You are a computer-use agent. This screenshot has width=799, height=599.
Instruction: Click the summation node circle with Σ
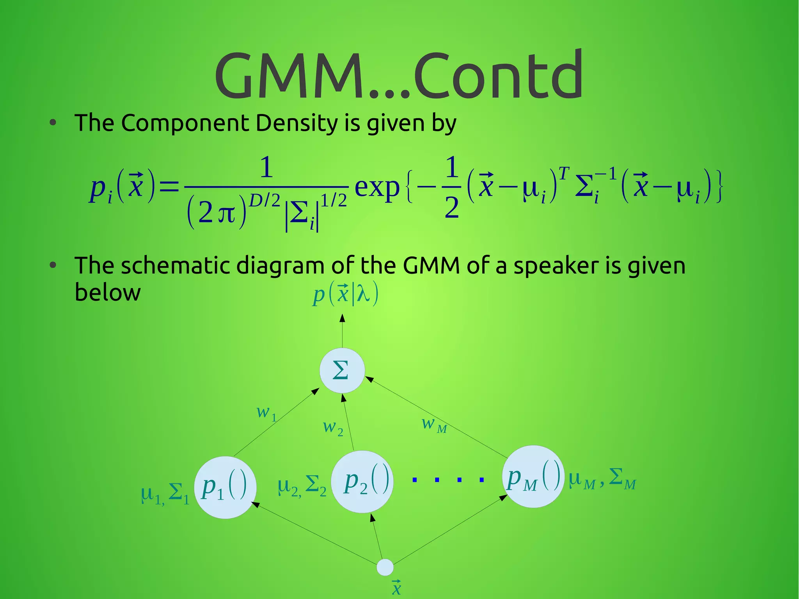pos(342,370)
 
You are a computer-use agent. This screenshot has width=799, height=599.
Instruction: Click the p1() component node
pos(225,487)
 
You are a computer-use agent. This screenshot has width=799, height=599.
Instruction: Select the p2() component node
pos(362,482)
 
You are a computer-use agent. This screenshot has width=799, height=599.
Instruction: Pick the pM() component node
pos(533,476)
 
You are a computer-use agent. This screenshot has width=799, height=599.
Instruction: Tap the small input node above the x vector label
pos(385,567)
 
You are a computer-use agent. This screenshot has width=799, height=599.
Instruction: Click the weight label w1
pos(266,413)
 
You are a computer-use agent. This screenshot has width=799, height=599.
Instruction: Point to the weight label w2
pos(333,428)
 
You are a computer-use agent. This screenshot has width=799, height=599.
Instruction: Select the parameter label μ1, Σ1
pos(165,494)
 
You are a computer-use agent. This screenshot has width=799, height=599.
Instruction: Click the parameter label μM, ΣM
pos(602,479)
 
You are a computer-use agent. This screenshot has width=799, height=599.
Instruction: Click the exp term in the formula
pos(377,187)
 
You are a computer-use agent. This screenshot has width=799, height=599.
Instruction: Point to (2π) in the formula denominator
pos(217,213)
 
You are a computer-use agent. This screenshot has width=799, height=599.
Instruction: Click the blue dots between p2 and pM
pos(448,480)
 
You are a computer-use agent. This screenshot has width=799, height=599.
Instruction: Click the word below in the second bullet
pos(107,293)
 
